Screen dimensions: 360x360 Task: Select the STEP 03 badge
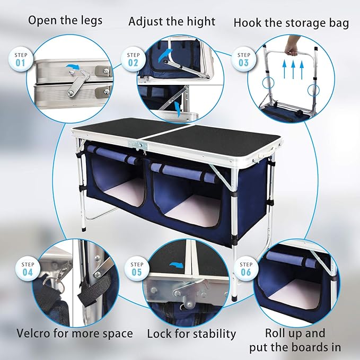point(244,59)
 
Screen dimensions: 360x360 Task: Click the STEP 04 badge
point(27,269)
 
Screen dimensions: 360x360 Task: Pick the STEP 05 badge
point(137,269)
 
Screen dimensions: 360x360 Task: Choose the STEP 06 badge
point(245,269)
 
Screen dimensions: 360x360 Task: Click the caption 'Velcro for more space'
point(74,333)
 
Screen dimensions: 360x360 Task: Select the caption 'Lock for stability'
point(191,334)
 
